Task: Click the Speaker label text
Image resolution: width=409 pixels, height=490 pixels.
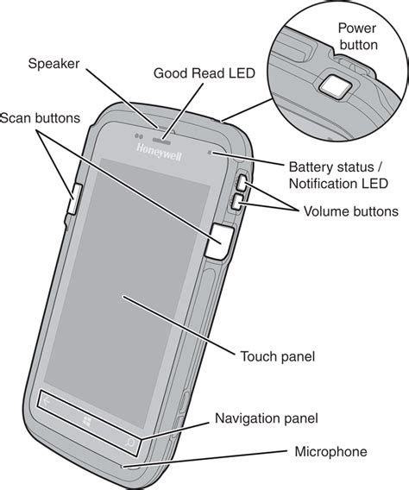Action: pyautogui.click(x=53, y=64)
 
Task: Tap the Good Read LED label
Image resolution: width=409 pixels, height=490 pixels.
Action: pyautogui.click(x=204, y=73)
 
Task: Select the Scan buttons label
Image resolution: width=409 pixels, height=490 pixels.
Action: pyautogui.click(x=40, y=118)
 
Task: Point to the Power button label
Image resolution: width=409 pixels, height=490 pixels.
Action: pyautogui.click(x=358, y=36)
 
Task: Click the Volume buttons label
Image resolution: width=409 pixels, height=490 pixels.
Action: pyautogui.click(x=351, y=211)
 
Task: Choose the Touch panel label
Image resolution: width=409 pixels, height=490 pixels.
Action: pyautogui.click(x=278, y=356)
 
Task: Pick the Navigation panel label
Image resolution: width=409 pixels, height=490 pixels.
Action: pyautogui.click(x=267, y=418)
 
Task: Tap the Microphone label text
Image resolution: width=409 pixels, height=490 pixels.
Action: pyautogui.click(x=330, y=451)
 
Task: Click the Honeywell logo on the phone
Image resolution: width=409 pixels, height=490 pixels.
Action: pyautogui.click(x=159, y=152)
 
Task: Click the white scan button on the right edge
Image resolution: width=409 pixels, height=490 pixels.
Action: pyautogui.click(x=220, y=242)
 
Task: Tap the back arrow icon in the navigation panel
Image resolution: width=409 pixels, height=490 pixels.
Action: pyautogui.click(x=47, y=401)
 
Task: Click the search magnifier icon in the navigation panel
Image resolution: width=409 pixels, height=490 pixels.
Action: pyautogui.click(x=129, y=443)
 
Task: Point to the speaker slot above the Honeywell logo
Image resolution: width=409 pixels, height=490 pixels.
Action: pyautogui.click(x=161, y=140)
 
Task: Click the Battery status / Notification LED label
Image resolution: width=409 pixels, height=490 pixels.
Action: pyautogui.click(x=338, y=175)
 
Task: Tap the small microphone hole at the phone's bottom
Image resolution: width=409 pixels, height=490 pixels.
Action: pyautogui.click(x=123, y=467)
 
